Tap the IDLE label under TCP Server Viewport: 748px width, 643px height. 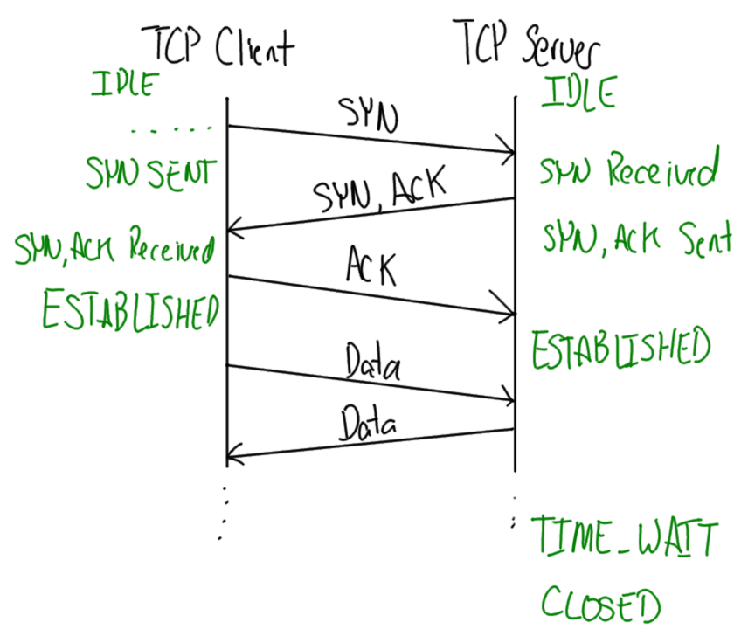pos(578,92)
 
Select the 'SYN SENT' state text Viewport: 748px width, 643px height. pos(149,173)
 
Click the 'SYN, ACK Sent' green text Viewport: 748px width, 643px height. pos(636,237)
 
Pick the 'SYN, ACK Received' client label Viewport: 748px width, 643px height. pos(114,251)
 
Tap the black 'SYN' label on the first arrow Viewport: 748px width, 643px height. pos(367,113)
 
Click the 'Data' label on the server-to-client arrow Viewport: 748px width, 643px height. pos(366,426)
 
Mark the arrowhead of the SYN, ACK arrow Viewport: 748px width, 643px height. pos(234,232)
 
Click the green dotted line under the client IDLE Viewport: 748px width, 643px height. pos(170,130)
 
